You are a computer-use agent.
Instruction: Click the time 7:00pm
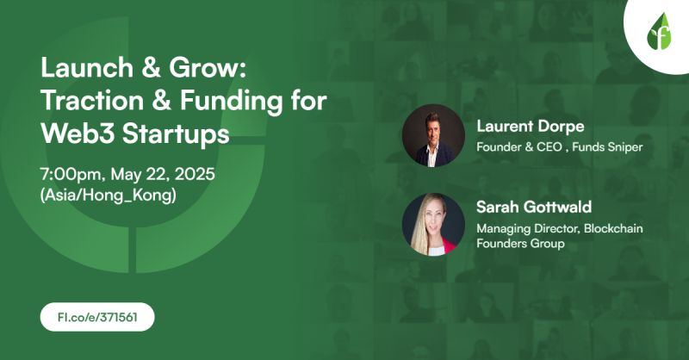click(x=73, y=173)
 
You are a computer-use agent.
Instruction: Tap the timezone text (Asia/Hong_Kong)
click(x=108, y=195)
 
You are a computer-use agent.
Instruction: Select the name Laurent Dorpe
click(x=530, y=127)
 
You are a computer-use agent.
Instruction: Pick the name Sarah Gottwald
click(x=533, y=208)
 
